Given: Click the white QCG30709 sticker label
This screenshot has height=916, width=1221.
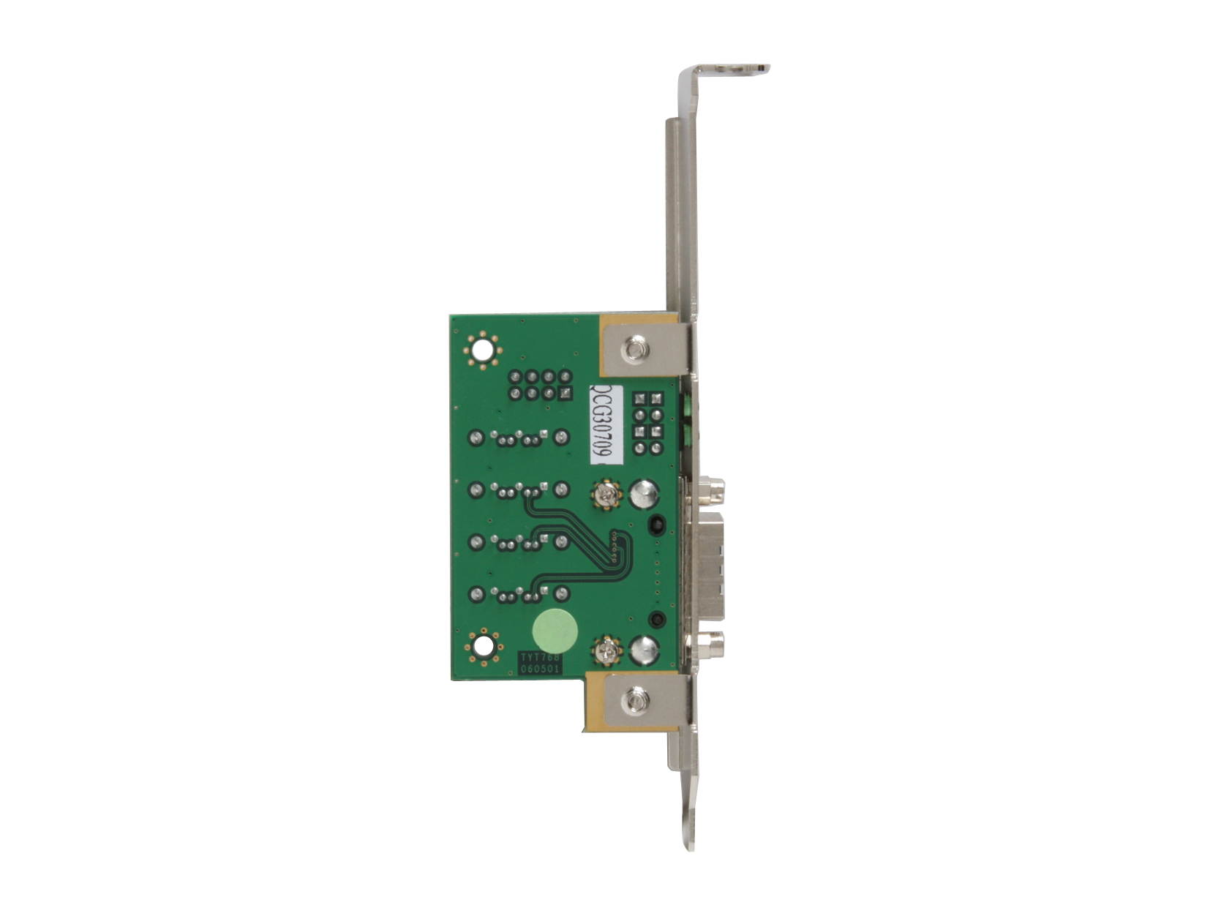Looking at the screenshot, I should [606, 424].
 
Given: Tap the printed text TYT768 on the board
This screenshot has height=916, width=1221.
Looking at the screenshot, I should [539, 658].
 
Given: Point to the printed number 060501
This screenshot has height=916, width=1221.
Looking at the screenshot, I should [539, 669].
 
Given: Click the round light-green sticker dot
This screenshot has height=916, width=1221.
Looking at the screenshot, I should [555, 631].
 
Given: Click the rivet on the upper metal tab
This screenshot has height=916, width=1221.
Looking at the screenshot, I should [635, 350].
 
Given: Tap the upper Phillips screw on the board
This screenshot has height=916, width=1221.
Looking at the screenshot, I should [606, 495].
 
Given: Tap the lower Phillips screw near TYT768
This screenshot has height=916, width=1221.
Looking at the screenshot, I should [606, 650].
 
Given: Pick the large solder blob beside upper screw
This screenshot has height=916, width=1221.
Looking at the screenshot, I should [644, 494].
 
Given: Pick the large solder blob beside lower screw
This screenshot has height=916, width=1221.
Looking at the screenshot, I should [643, 649].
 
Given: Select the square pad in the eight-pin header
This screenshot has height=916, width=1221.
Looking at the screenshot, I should [565, 394].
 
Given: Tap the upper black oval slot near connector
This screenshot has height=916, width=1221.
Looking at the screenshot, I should [655, 523].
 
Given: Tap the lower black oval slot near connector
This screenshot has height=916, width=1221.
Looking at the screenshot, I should [656, 620].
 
